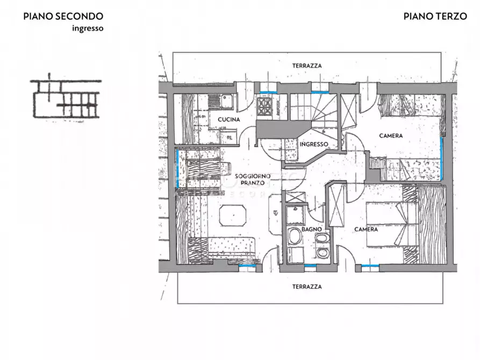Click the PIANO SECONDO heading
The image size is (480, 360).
click(63, 16)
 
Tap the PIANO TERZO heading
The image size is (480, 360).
click(435, 16)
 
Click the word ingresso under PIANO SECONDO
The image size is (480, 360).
click(88, 28)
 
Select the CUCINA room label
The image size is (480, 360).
click(228, 119)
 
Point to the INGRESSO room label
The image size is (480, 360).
click(314, 144)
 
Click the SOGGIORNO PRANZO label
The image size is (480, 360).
click(253, 179)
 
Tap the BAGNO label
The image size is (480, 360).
click(311, 229)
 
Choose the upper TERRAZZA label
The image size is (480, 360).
click(307, 66)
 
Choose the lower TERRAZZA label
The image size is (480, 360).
click(307, 287)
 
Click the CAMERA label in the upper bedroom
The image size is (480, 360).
click(391, 135)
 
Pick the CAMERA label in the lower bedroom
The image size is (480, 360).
click(366, 229)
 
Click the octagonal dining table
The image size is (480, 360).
click(233, 216)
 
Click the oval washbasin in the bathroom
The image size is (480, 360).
click(295, 236)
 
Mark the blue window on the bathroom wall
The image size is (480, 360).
click(310, 265)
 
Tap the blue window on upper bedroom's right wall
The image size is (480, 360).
click(441, 159)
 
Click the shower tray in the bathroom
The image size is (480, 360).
click(296, 215)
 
